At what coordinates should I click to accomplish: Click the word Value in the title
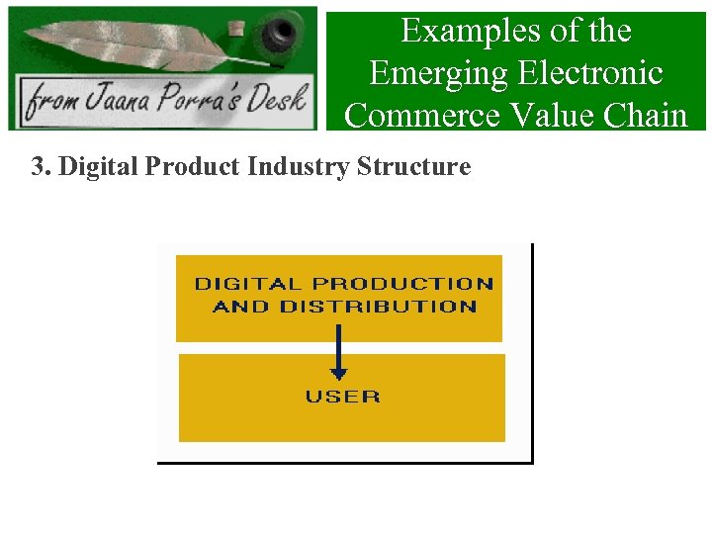click(549, 116)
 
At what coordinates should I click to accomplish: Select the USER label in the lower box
click(342, 397)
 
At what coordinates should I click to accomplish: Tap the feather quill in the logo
click(138, 44)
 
